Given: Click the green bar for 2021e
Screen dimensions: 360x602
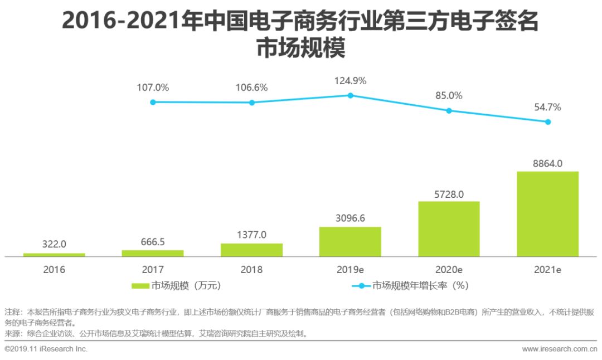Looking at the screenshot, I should coord(547,213).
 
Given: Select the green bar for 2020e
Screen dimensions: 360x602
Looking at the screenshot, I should coord(449,228).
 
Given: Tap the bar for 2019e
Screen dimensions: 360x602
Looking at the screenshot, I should coord(350,241).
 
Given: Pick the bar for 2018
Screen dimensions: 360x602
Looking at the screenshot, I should coord(251,250).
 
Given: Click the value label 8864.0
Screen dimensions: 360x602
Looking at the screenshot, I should coord(547,163).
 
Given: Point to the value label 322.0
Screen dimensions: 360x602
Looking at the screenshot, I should coord(54,244).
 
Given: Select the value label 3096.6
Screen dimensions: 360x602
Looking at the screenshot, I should coord(350,218).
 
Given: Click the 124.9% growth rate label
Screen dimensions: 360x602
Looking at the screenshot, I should coord(350,81).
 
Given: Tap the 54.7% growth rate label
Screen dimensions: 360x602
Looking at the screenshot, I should coord(547,107).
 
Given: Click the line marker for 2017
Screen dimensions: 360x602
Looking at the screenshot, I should coord(153,102).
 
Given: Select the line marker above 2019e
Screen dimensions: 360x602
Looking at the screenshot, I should coord(350,95).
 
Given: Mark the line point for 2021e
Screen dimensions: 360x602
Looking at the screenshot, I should coord(548,121).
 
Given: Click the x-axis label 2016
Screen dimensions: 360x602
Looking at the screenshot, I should coord(54,270).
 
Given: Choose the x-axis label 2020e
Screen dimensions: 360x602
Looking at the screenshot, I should coord(449,270).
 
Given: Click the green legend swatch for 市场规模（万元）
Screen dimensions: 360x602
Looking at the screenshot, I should coord(140,286).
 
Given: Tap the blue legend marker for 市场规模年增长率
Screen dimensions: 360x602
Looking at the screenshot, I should coord(361,286).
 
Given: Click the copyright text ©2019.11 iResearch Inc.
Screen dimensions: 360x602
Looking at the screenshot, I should coord(46,349).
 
